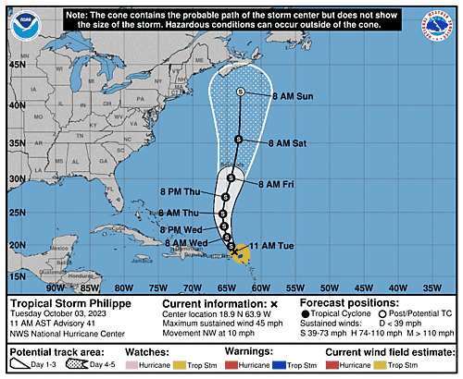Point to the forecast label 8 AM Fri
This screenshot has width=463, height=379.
pos(274,184)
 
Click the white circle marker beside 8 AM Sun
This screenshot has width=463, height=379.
pos(241,92)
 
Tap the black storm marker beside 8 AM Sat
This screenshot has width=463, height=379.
pos(237,140)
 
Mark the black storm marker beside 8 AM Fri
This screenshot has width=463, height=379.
pos(231,180)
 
